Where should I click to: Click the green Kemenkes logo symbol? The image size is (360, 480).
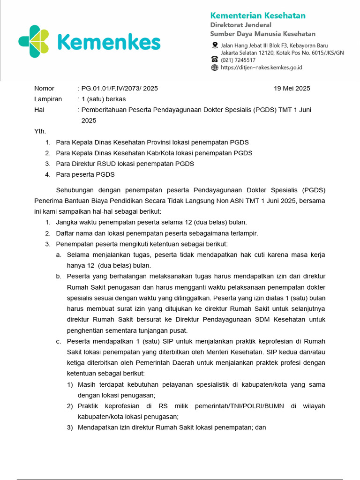(34, 42)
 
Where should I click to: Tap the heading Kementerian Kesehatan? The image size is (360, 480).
(257, 15)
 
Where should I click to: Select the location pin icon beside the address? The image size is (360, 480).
(215, 45)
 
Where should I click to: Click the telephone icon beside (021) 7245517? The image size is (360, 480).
(215, 60)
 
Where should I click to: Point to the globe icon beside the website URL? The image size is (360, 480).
(215, 67)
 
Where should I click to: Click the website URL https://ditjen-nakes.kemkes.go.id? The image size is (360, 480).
(261, 67)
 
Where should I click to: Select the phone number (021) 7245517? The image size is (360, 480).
(238, 60)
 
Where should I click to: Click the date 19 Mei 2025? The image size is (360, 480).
(292, 89)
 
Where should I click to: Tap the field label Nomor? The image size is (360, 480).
(44, 89)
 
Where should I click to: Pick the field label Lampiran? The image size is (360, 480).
(48, 99)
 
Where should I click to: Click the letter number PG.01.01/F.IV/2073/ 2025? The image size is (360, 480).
(120, 89)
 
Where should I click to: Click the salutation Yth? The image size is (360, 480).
(40, 131)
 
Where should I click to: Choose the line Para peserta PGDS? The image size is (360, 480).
(85, 175)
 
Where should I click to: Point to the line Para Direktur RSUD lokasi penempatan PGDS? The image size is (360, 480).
(125, 164)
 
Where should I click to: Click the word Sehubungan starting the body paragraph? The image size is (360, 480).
(75, 190)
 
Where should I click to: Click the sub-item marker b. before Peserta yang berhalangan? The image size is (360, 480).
(59, 277)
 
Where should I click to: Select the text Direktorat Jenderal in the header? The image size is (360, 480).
(240, 25)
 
